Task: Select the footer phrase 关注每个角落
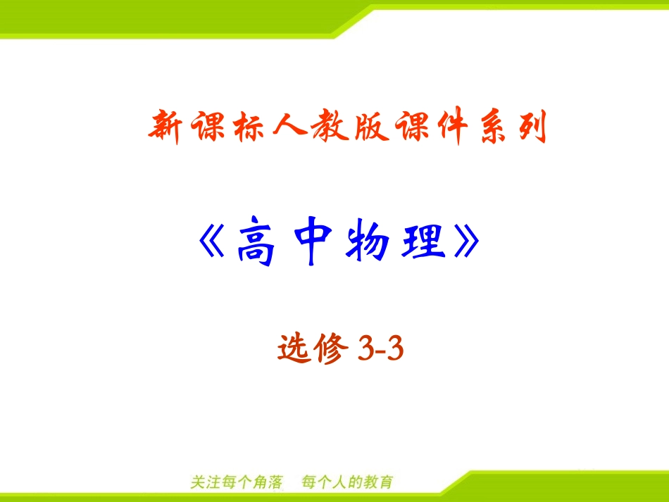[x=237, y=483]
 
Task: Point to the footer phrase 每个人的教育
[x=347, y=483]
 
